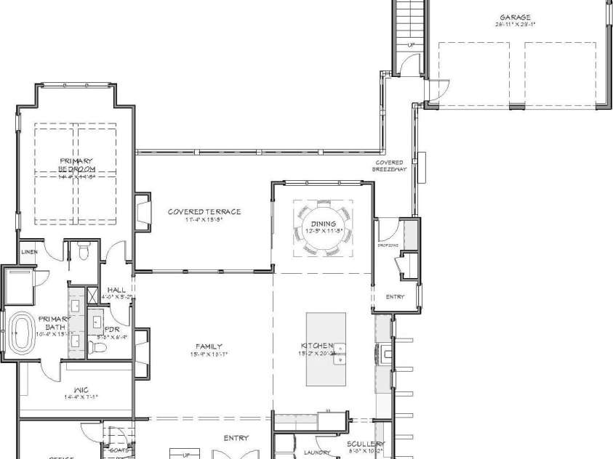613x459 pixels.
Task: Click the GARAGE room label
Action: click(514, 17)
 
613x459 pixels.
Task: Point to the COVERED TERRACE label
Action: click(204, 212)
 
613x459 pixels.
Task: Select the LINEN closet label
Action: click(29, 252)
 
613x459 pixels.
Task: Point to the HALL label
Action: click(116, 290)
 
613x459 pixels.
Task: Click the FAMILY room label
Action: click(208, 346)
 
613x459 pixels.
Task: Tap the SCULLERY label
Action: click(366, 443)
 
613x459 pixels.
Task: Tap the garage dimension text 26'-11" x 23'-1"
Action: click(514, 25)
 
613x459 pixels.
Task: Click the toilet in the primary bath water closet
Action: click(83, 252)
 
